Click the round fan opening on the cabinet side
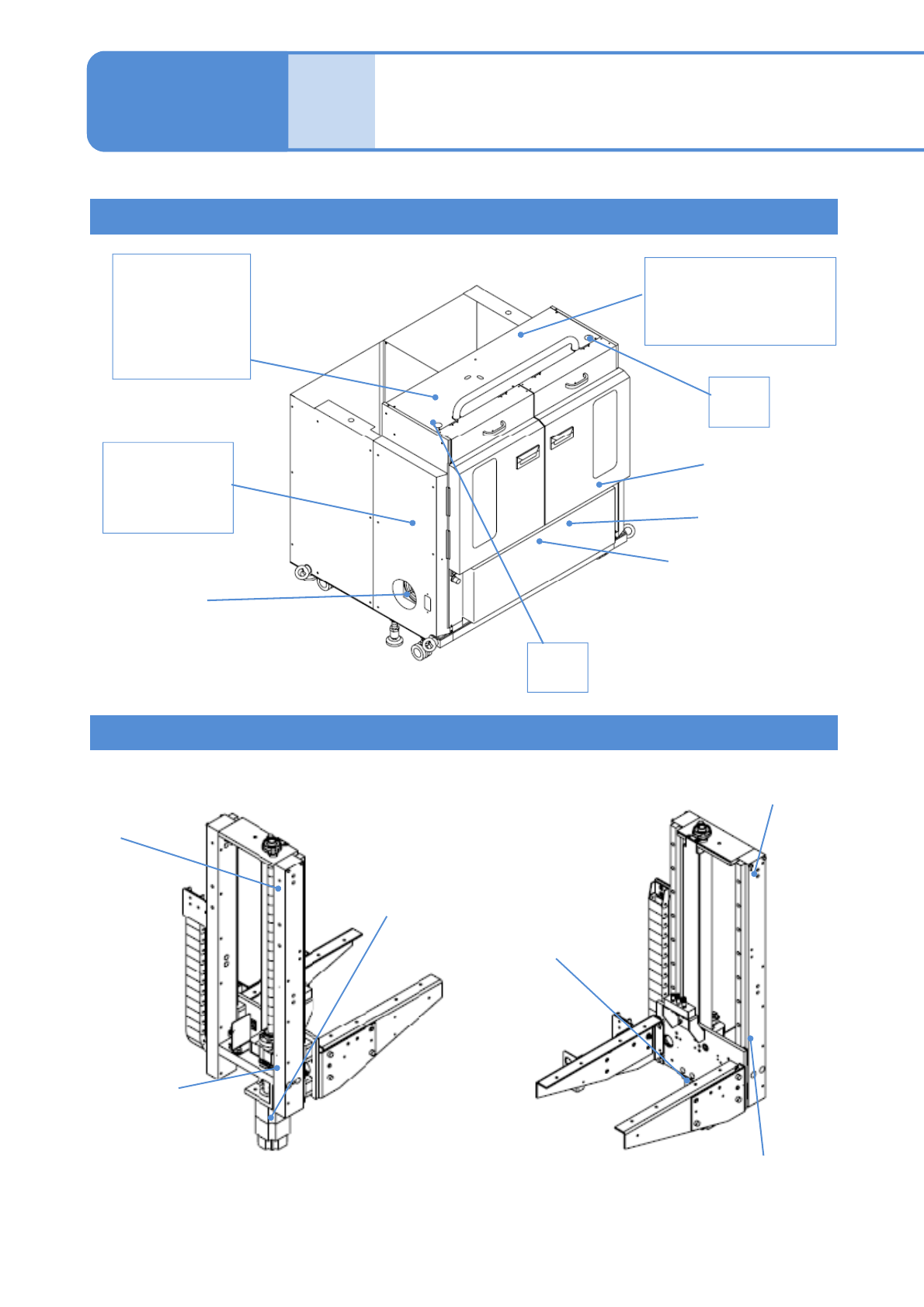pos(404,595)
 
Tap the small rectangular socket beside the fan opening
pos(427,602)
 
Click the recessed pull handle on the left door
pos(529,458)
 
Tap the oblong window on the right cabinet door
pos(605,433)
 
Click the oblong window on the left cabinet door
pos(485,502)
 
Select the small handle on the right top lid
pos(575,381)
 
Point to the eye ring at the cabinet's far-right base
pos(627,531)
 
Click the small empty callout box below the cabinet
pos(558,667)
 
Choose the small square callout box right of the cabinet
pos(738,401)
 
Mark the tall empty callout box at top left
pos(181,316)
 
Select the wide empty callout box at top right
pos(740,301)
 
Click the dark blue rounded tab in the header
pos(186,101)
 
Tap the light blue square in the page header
pos(332,101)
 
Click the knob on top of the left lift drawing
pos(273,844)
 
